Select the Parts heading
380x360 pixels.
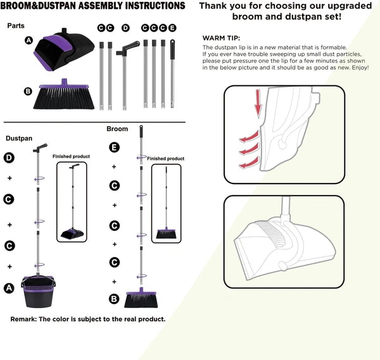tap(16, 26)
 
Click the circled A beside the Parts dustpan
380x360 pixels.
tap(28, 40)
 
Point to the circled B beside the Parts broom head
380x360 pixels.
tap(28, 91)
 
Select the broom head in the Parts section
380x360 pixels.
tap(66, 90)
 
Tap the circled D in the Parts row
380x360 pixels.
tap(125, 28)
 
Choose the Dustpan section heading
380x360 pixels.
tap(19, 137)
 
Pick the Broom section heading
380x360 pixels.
tap(117, 128)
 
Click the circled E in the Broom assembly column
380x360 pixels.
tap(114, 147)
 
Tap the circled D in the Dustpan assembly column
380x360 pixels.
tap(9, 157)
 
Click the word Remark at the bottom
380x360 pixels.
tap(25, 319)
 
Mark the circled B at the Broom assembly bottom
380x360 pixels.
tap(114, 299)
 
